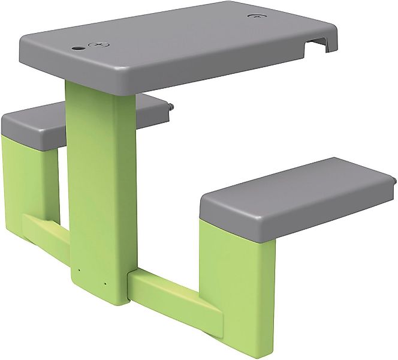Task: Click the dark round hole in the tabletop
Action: click(x=79, y=47)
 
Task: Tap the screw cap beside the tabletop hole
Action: click(x=97, y=44)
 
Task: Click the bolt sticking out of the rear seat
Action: click(x=171, y=107)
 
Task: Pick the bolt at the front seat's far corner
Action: click(x=394, y=179)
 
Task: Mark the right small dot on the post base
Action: click(x=104, y=283)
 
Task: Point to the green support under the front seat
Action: click(x=237, y=276)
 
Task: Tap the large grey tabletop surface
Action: click(x=180, y=42)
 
